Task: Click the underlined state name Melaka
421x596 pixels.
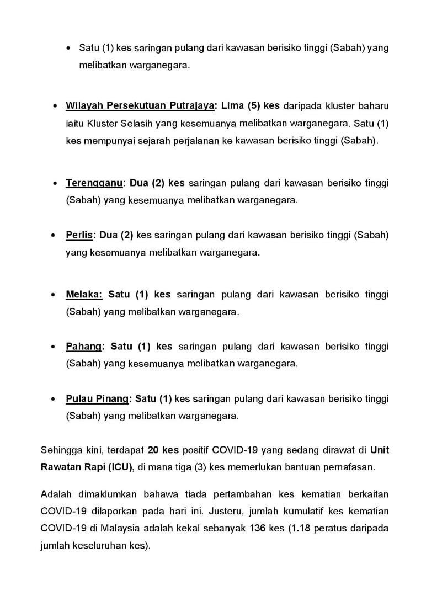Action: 84,294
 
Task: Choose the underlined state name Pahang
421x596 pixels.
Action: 84,347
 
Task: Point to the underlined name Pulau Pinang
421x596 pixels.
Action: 97,398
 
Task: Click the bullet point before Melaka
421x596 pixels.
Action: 53,295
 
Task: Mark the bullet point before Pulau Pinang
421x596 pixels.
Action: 53,399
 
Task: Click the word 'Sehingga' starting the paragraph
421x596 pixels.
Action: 59,450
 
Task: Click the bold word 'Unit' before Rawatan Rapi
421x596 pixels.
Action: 379,450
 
